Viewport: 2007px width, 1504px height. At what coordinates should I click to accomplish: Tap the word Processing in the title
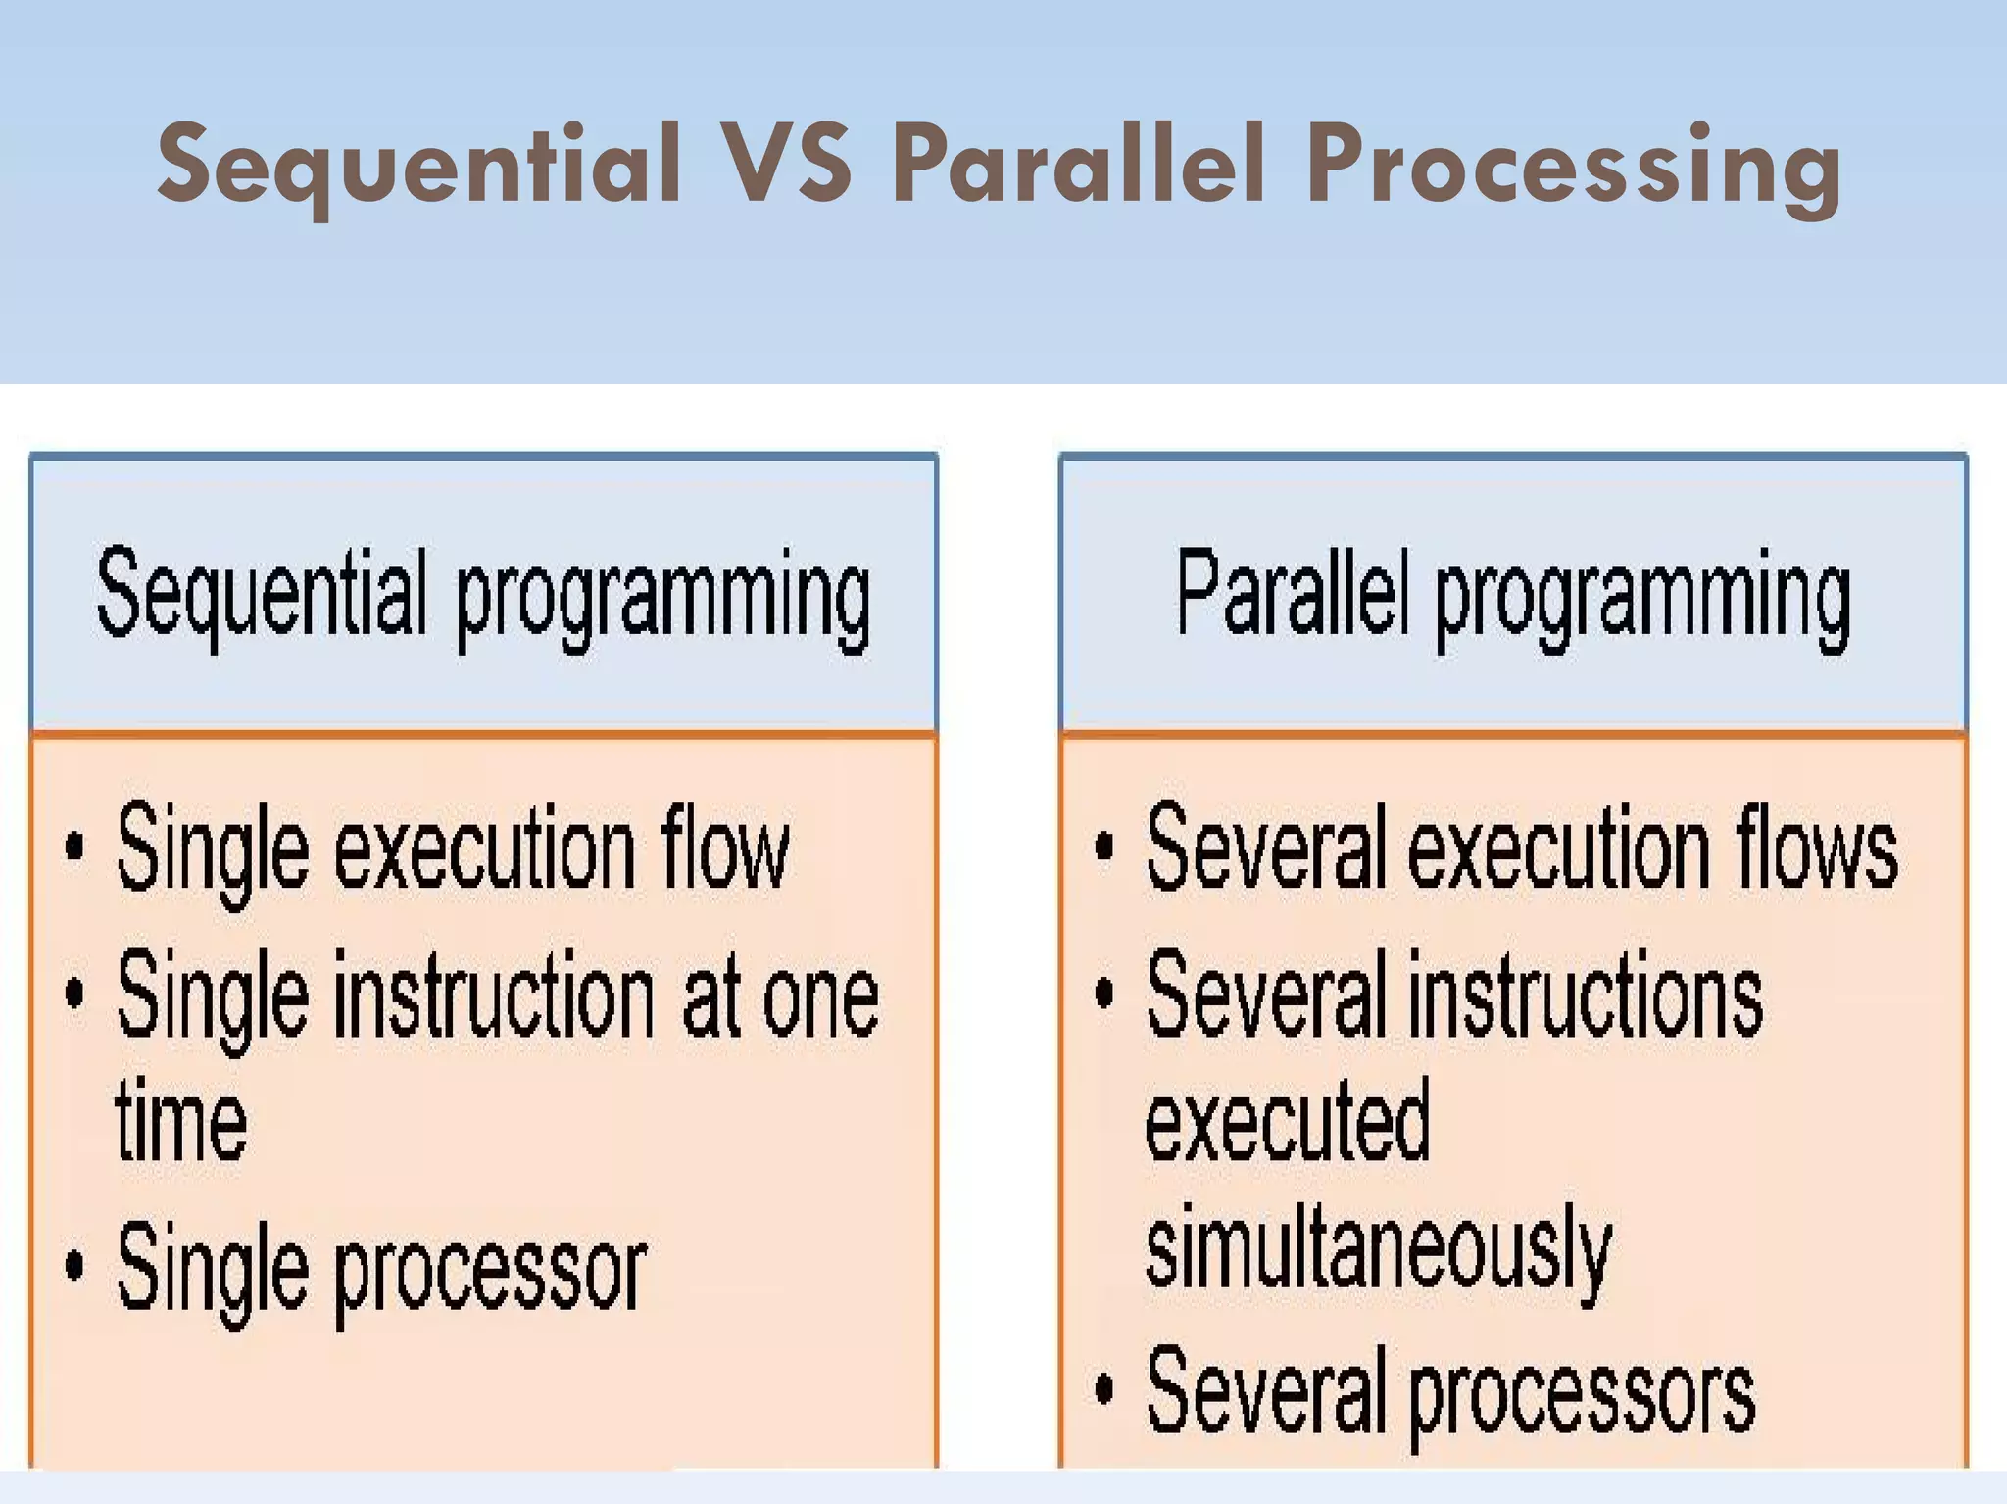(1573, 167)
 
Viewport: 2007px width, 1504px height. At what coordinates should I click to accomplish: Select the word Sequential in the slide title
(418, 165)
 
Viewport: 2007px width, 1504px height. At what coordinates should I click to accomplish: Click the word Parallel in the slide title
(1079, 165)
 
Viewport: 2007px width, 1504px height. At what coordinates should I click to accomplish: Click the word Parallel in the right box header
(1293, 593)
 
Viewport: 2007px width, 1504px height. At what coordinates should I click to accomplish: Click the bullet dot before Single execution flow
(74, 846)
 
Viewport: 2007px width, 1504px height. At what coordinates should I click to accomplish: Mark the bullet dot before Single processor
(74, 1265)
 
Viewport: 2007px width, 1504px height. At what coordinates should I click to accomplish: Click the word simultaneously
(1378, 1249)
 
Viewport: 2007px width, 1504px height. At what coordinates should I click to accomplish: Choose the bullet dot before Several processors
(1104, 1388)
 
